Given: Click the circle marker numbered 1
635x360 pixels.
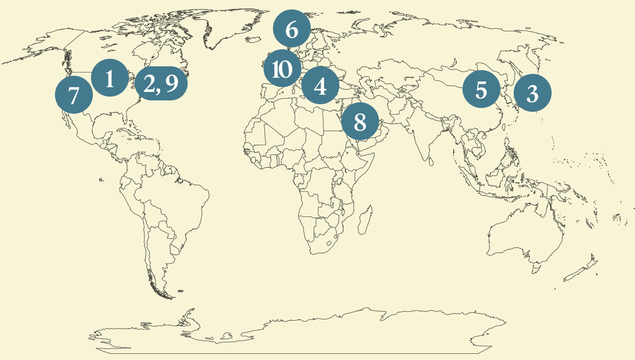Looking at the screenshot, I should [x=109, y=78].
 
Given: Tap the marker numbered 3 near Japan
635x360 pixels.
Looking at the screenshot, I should [x=533, y=93].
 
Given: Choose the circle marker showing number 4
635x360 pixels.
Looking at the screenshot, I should [x=320, y=86].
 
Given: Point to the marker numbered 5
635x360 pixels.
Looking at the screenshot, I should [x=481, y=89].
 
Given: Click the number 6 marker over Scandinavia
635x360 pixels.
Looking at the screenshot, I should [x=292, y=29].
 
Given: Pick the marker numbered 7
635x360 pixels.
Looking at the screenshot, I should [x=74, y=95].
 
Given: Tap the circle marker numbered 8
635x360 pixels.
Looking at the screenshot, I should [x=360, y=122].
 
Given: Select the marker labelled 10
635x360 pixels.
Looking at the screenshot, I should [x=282, y=69].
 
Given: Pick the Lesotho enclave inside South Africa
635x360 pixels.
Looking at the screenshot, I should [x=329, y=243].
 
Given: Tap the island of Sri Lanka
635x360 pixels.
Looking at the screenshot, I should [x=430, y=162].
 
